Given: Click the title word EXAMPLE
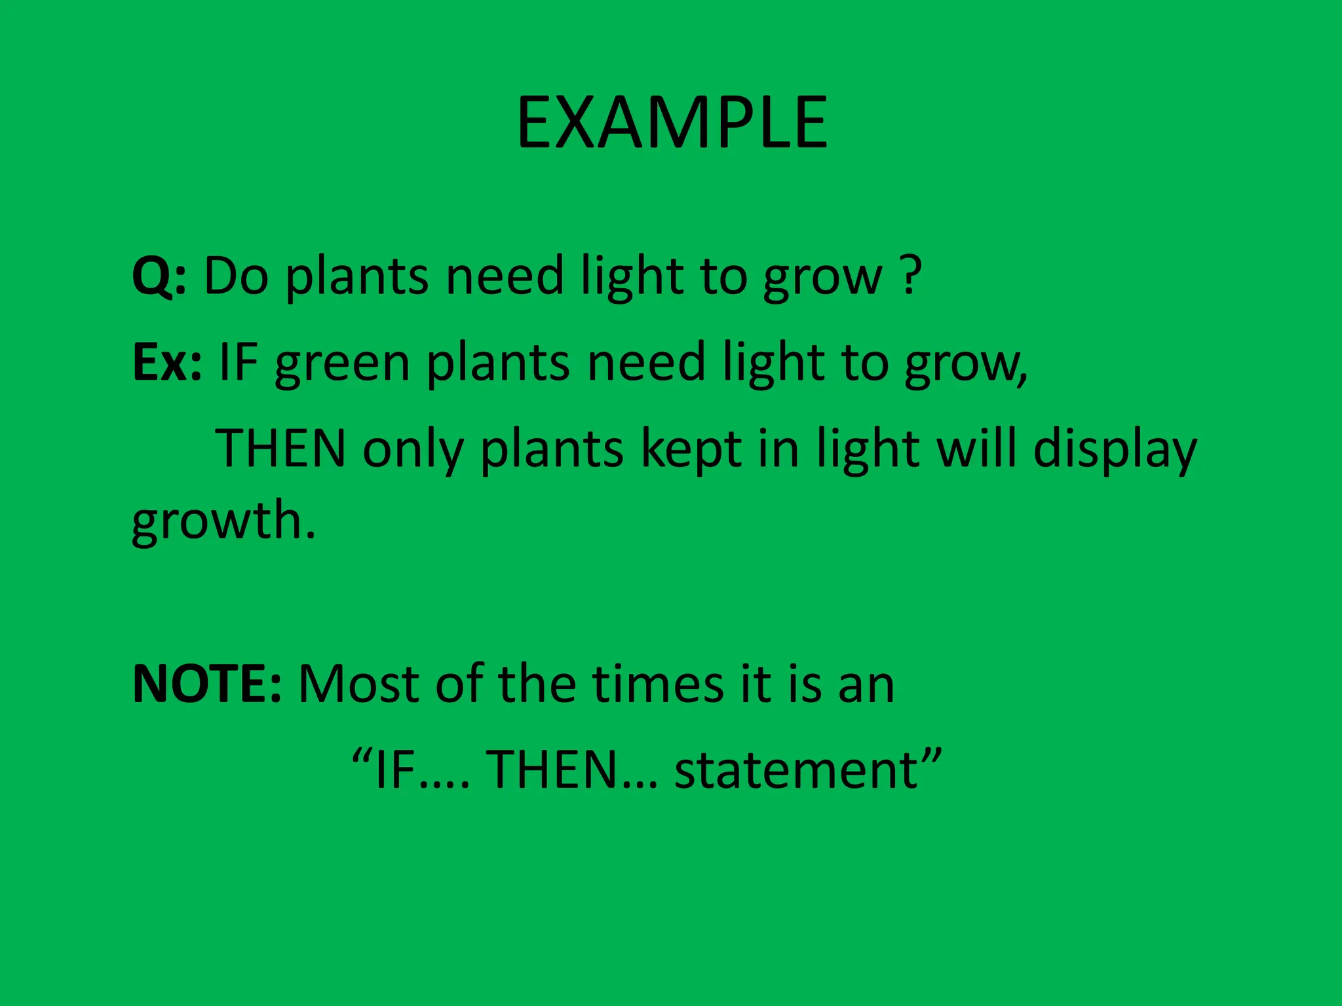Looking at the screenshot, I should tap(672, 123).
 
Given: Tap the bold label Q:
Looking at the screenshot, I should tap(159, 276).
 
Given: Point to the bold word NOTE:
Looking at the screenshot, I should tap(207, 684).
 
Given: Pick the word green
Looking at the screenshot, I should tap(342, 363).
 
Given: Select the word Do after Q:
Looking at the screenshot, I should tap(236, 276).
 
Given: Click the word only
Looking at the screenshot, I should tap(413, 451).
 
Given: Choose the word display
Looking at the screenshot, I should tap(1115, 451).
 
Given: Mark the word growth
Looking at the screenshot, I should tap(223, 521).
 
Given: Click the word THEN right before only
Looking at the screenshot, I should tap(280, 449).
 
